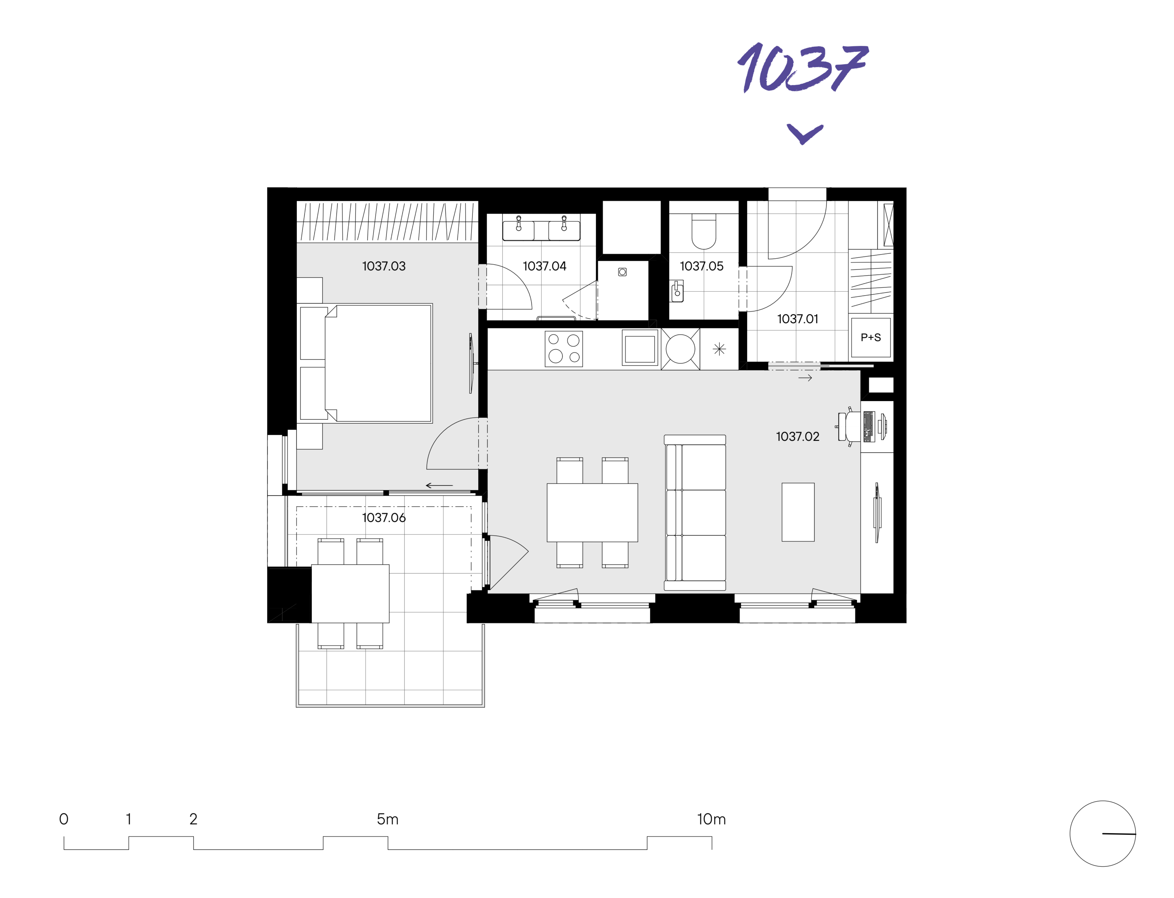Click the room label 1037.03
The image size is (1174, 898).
pyautogui.click(x=384, y=266)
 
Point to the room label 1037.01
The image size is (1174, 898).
pyautogui.click(x=797, y=319)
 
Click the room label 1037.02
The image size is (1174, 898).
pyautogui.click(x=797, y=437)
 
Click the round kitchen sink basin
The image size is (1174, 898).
pyautogui.click(x=680, y=349)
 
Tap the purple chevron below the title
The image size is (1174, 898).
pyautogui.click(x=805, y=134)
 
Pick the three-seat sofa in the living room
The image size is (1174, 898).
pyautogui.click(x=695, y=513)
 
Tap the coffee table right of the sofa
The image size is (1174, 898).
pyautogui.click(x=798, y=512)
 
